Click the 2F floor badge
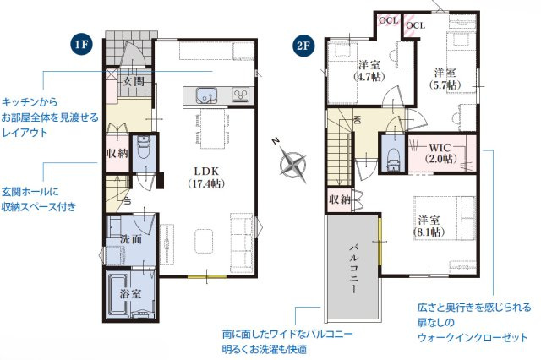click(x=303, y=45)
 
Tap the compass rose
click(x=293, y=163)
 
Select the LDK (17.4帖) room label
click(x=206, y=177)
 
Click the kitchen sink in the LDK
click(x=206, y=95)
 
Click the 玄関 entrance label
click(x=134, y=82)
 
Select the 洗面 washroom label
click(x=131, y=239)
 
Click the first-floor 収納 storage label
click(x=117, y=154)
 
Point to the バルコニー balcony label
click(x=353, y=269)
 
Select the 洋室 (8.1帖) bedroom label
click(x=429, y=226)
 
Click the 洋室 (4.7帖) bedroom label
click(x=369, y=71)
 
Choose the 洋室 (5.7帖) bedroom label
click(x=445, y=79)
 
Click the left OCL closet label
click(x=389, y=20)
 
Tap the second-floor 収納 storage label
click(x=340, y=199)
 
